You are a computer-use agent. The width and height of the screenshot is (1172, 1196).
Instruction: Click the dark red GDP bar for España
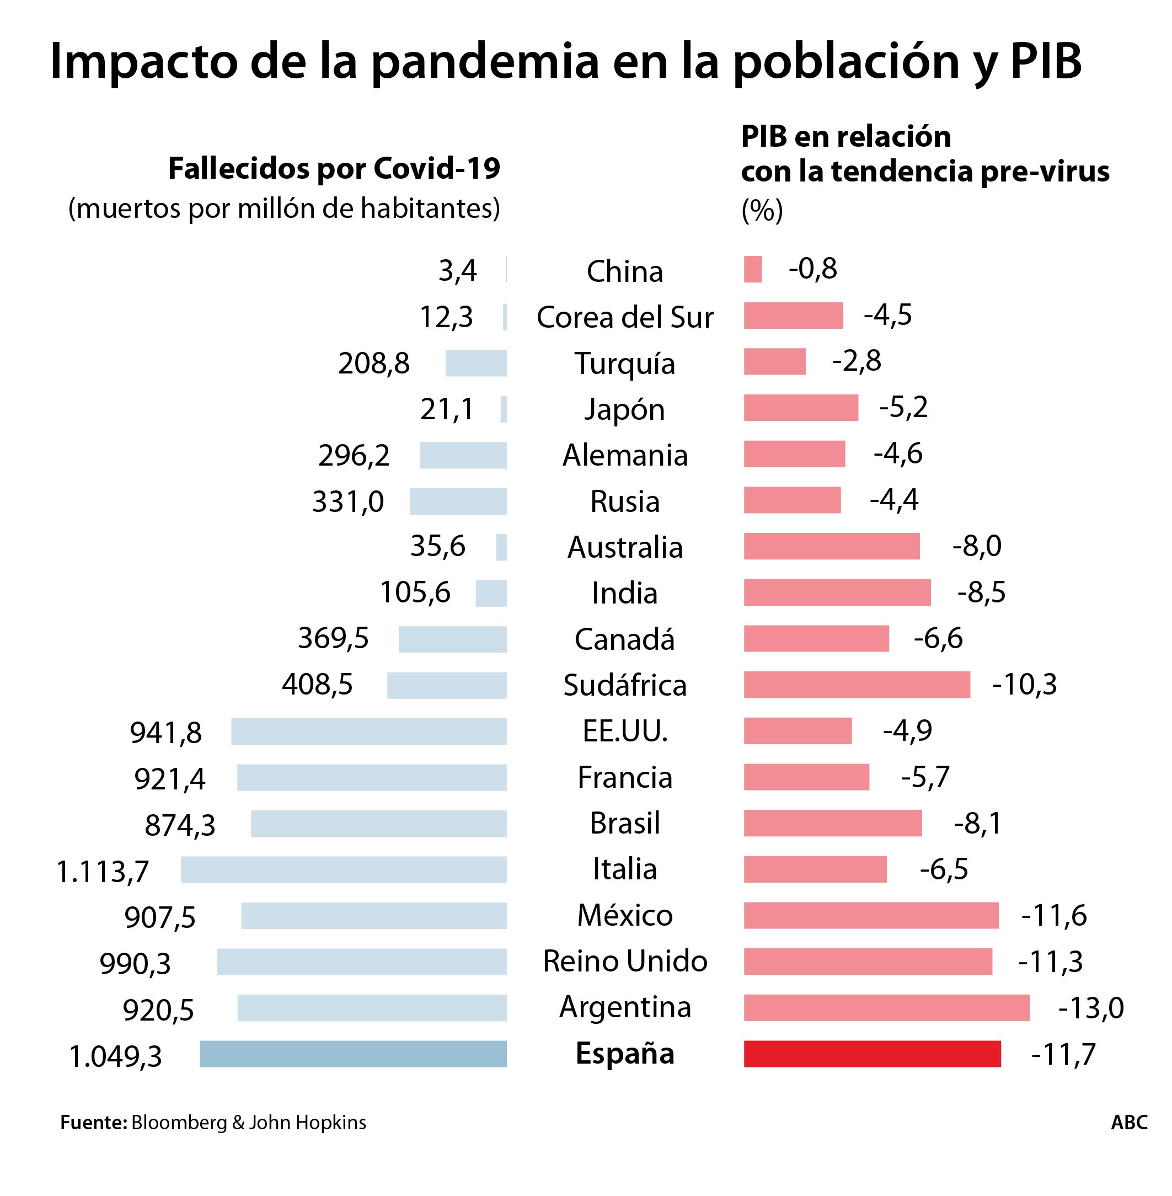(x=871, y=1054)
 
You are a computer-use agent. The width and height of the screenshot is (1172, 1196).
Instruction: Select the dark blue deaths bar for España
(x=353, y=1054)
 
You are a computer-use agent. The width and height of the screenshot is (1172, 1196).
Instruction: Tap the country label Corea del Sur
(x=625, y=318)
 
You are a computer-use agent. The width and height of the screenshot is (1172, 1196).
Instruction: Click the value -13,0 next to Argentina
(x=1091, y=1008)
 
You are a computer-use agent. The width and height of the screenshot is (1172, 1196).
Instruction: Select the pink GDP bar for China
(x=752, y=270)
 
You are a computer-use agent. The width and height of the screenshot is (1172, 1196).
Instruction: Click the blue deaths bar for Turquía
(x=476, y=363)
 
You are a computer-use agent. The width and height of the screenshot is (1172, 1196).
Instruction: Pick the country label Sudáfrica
(x=625, y=685)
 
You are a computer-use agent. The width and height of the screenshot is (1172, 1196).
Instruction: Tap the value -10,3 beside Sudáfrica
(x=1024, y=685)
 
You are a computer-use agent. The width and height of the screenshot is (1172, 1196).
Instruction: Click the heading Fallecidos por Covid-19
(x=334, y=169)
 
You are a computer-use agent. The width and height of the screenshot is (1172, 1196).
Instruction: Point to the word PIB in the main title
(x=1046, y=62)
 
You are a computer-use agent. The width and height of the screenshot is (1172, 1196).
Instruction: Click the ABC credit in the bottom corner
(x=1129, y=1122)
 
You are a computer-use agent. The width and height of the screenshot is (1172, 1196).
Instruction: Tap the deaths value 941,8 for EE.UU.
(x=165, y=733)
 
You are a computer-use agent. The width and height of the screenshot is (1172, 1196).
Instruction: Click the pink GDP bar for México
(x=870, y=915)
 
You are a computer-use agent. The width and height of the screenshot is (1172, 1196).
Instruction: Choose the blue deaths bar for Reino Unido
(x=361, y=962)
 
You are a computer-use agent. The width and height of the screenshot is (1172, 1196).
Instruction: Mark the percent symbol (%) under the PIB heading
(x=762, y=211)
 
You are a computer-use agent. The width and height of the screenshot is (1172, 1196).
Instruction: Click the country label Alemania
(x=625, y=456)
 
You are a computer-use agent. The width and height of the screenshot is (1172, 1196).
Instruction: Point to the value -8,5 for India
(x=981, y=592)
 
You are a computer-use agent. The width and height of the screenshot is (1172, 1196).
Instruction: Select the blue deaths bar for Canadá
(x=452, y=639)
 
